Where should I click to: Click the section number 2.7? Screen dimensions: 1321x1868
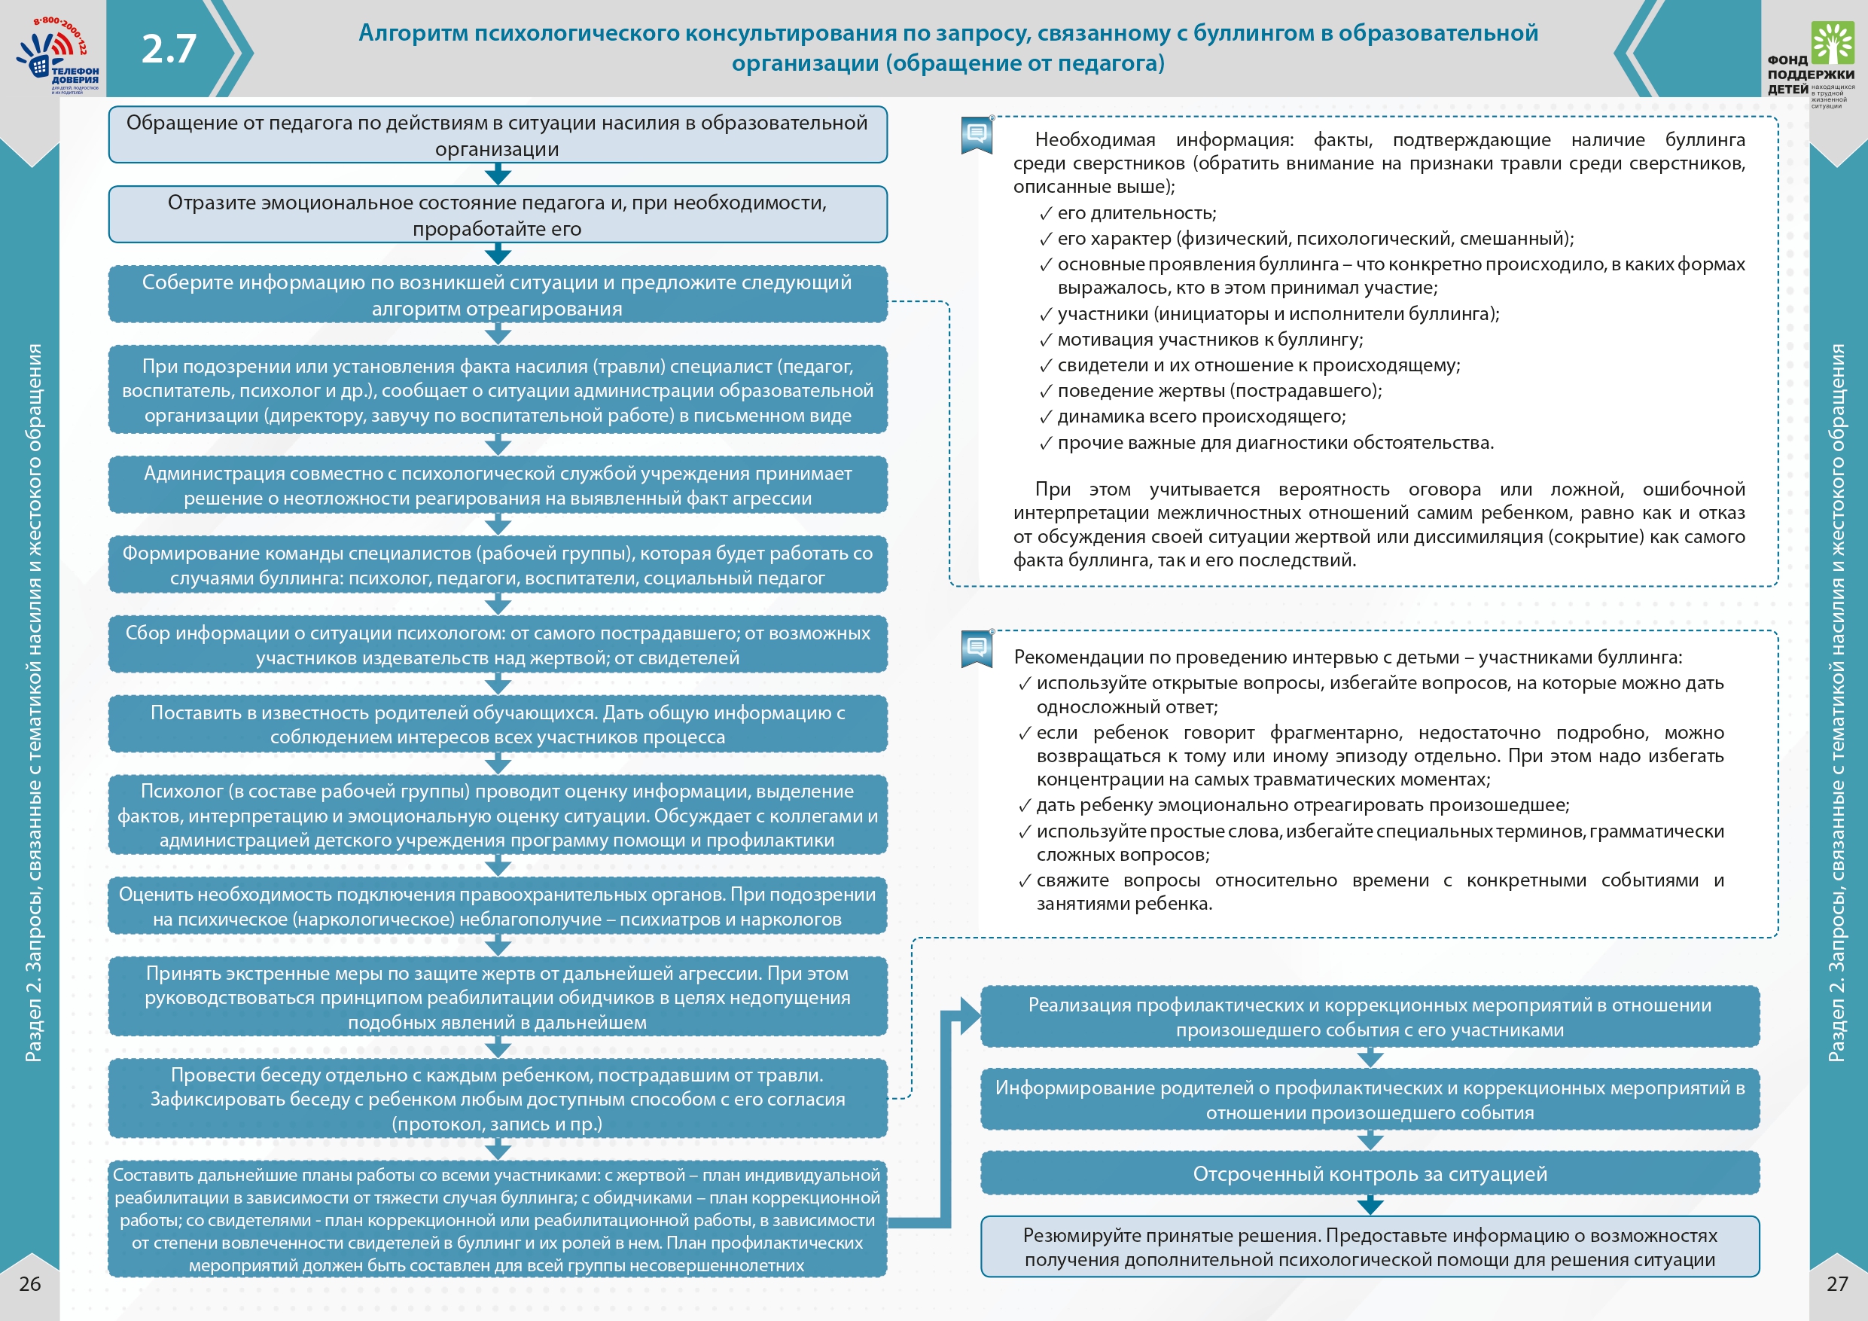(169, 49)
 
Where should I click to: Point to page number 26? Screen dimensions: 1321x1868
(30, 1283)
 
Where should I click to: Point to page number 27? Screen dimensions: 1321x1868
(1837, 1283)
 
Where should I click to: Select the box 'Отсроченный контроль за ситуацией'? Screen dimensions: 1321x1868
(1370, 1173)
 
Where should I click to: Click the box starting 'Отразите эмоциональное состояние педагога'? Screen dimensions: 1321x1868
(497, 215)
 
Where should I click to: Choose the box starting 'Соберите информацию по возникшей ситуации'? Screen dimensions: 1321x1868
(497, 294)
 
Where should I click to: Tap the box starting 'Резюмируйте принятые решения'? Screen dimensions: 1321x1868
(1370, 1247)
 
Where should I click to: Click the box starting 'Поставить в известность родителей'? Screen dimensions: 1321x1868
(497, 725)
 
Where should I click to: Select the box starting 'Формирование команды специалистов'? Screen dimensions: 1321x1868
(497, 565)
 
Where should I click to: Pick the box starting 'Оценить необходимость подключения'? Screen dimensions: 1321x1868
(497, 906)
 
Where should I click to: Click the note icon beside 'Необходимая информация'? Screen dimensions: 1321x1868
(977, 135)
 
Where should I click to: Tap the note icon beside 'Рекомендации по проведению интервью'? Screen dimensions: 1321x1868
(977, 648)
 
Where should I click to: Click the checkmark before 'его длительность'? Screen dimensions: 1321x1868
(1046, 214)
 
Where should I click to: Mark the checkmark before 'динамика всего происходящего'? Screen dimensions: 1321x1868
(1046, 417)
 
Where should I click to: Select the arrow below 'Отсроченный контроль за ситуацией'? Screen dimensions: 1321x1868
(1370, 1204)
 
